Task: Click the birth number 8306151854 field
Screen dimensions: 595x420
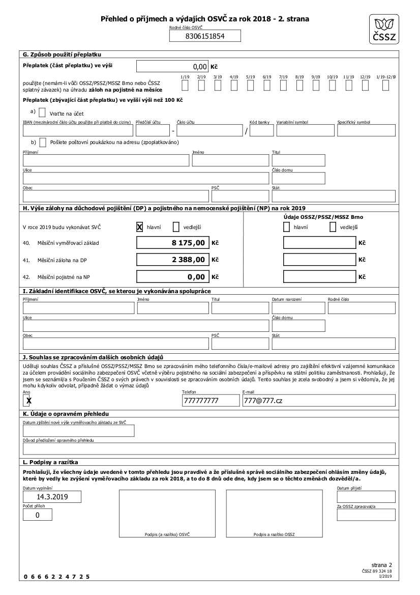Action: (x=205, y=36)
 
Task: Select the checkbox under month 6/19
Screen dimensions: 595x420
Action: (x=267, y=86)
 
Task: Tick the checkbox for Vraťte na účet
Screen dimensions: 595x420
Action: (x=42, y=112)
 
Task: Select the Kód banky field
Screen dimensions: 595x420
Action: (x=262, y=131)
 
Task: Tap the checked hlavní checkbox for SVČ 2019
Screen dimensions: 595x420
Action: (x=139, y=227)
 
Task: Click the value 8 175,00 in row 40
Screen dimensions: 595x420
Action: (x=172, y=243)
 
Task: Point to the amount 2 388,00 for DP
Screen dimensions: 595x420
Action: (x=172, y=260)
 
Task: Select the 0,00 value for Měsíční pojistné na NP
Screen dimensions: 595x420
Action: (x=172, y=277)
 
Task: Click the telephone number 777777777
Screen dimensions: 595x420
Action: (x=211, y=401)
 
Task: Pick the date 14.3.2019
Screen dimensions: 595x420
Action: (x=52, y=497)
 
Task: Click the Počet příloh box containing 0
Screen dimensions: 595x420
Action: (x=37, y=515)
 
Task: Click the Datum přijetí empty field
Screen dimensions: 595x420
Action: (x=366, y=497)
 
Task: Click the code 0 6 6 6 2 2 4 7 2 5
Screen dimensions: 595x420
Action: (x=56, y=577)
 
